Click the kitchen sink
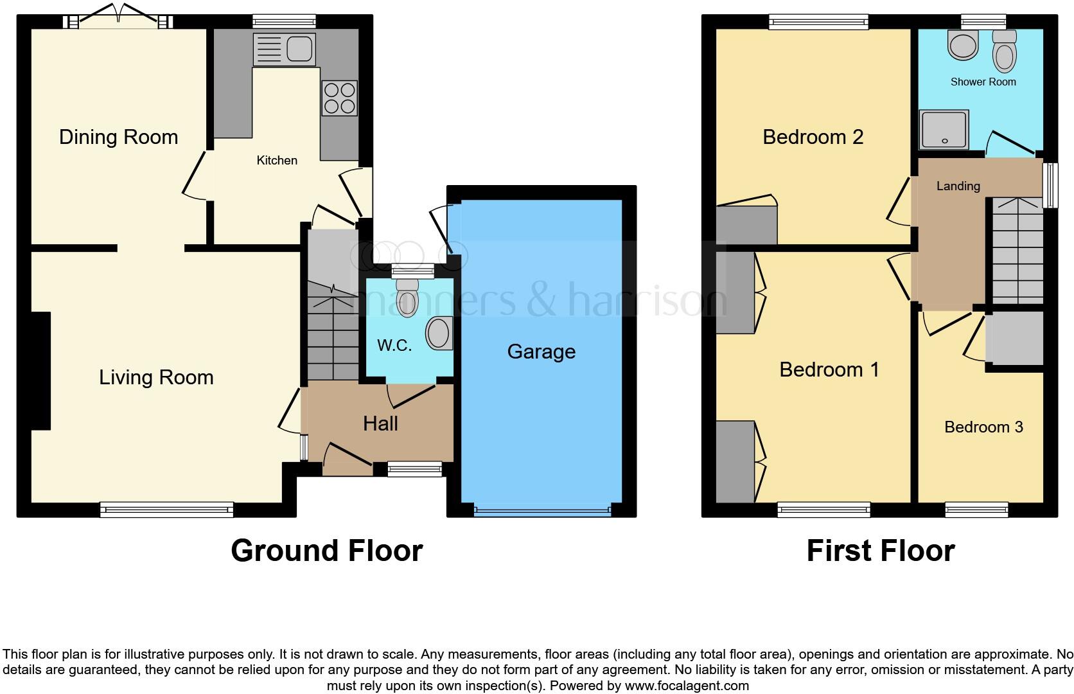pos(285,49)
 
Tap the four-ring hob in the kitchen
pos(339,98)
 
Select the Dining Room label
pos(118,137)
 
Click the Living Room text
pos(156,377)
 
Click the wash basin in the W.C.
pos(439,333)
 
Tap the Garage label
pos(541,351)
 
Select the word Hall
pos(380,423)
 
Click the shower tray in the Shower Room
pos(944,129)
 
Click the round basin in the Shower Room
pos(962,46)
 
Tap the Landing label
pos(958,186)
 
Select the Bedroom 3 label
pos(983,427)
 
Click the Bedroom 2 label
pos(813,137)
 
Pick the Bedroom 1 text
pos(829,369)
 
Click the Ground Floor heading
pos(326,551)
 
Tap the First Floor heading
pos(880,551)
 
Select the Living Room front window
pos(166,510)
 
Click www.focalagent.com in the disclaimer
pos(686,686)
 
